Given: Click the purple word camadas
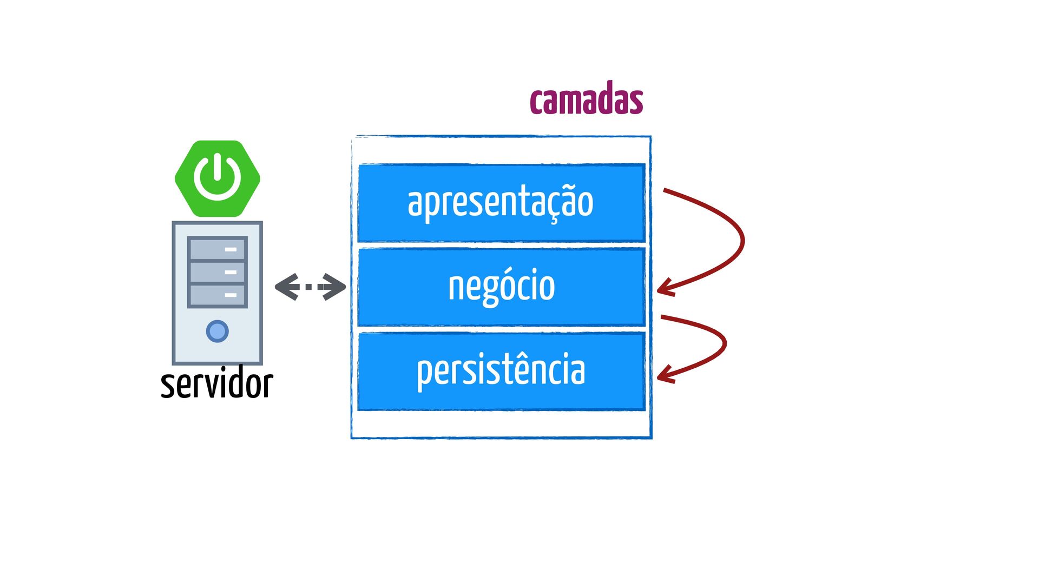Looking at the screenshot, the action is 587,98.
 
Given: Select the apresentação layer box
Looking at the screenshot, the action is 502,203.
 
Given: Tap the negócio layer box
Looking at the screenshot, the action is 502,287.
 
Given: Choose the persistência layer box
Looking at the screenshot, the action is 502,371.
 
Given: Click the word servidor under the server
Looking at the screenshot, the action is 217,383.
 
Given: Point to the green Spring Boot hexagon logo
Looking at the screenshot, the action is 218,178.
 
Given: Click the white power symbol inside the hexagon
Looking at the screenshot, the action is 218,177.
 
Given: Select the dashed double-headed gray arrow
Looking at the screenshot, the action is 310,287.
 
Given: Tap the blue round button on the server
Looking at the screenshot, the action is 218,331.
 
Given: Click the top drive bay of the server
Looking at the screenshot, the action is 217,249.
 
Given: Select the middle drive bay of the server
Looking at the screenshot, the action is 217,272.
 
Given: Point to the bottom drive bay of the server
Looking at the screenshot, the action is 217,295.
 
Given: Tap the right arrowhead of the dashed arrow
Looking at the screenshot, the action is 334,287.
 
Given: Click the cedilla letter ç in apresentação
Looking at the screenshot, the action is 554,206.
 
